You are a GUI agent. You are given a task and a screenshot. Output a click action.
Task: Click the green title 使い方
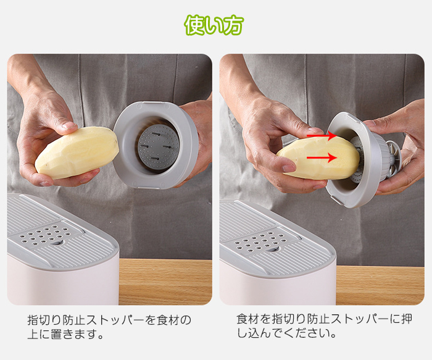(214, 25)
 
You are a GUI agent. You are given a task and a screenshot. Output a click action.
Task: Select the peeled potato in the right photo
(318, 158)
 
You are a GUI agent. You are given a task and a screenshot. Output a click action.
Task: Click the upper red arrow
(322, 136)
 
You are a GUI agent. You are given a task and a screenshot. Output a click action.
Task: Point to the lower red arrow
(322, 157)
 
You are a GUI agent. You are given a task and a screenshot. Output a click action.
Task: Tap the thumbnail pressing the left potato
(69, 126)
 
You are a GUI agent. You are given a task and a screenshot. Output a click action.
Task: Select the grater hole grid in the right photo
(260, 241)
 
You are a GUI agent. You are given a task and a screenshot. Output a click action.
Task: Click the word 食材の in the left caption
(174, 320)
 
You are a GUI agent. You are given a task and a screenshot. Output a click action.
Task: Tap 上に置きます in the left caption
(62, 334)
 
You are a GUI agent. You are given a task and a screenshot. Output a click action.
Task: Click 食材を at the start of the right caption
(254, 319)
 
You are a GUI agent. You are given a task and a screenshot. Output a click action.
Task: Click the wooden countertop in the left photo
(165, 282)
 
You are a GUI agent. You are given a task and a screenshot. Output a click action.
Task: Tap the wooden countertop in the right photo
(380, 285)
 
